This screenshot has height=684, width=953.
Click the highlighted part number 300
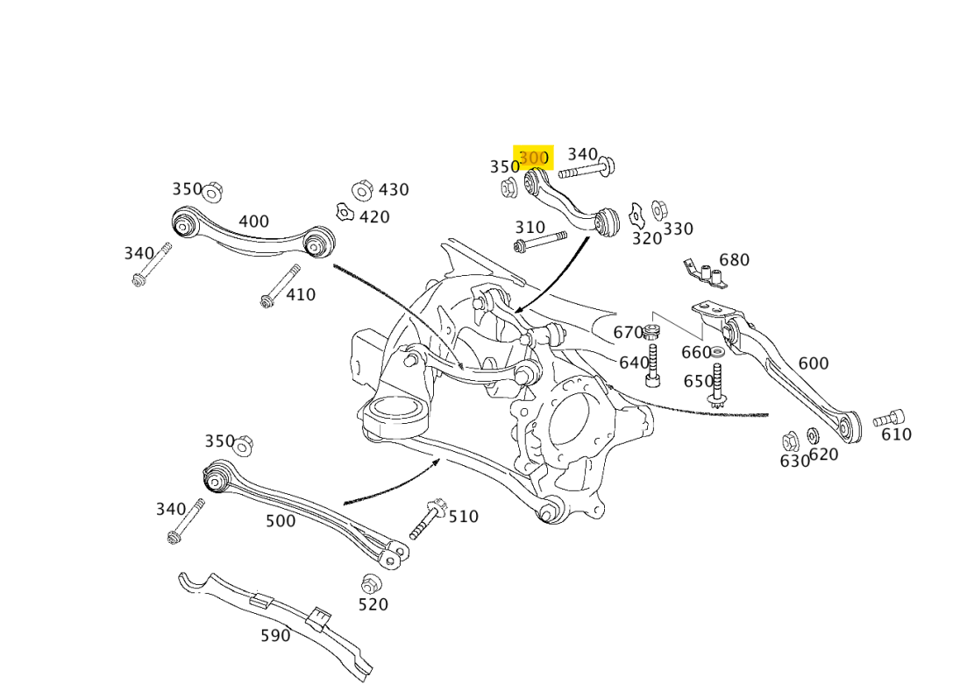click(x=533, y=159)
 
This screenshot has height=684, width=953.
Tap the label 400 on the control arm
click(x=253, y=222)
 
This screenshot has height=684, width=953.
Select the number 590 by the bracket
click(x=275, y=636)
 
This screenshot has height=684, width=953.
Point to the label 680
click(x=734, y=260)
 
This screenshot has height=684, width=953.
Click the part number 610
click(x=896, y=434)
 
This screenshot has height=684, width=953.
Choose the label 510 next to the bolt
click(x=464, y=517)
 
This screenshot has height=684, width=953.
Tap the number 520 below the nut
click(x=373, y=604)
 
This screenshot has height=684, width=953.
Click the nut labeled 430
click(x=361, y=190)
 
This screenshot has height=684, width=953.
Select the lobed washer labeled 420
click(x=345, y=212)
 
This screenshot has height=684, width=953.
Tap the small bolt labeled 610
click(x=888, y=419)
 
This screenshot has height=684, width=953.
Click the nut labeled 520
click(x=370, y=583)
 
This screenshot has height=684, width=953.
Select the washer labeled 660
click(x=717, y=352)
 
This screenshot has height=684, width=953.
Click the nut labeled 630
click(x=789, y=441)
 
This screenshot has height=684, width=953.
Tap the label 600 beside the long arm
click(x=813, y=363)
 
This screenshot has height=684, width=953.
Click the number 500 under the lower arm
click(x=281, y=521)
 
